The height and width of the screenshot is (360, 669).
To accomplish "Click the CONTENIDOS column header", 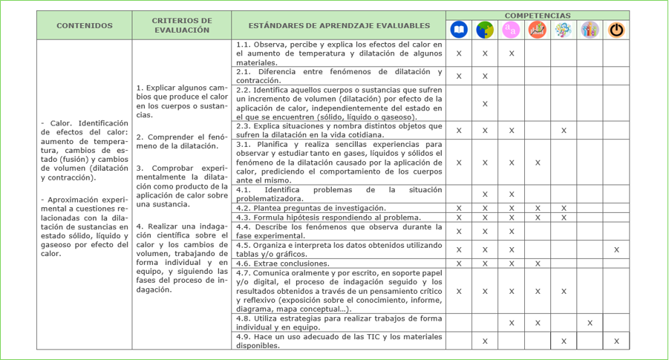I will pyautogui.click(x=85, y=25).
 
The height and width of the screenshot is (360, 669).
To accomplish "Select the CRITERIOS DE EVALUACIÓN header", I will pyautogui.click(x=181, y=25).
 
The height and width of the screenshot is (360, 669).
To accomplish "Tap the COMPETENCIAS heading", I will pyautogui.click(x=538, y=15).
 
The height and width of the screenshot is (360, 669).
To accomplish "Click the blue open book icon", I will pyautogui.click(x=459, y=30).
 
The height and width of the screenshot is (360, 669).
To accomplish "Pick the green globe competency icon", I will pyautogui.click(x=485, y=30).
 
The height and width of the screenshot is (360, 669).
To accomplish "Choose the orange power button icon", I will pyautogui.click(x=616, y=30).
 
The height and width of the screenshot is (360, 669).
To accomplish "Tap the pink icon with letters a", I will pyautogui.click(x=511, y=30).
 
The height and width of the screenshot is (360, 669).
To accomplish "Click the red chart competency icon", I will pyautogui.click(x=537, y=30).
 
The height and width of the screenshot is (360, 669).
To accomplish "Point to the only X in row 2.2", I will pyautogui.click(x=485, y=103).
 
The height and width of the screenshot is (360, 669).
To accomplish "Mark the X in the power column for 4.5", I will pyautogui.click(x=616, y=249).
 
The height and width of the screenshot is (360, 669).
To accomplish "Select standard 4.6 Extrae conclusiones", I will pyautogui.click(x=283, y=264).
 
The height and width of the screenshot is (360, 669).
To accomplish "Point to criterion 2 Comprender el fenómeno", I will pyautogui.click(x=182, y=141).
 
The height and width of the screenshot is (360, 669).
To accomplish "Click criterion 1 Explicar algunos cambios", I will pyautogui.click(x=182, y=101).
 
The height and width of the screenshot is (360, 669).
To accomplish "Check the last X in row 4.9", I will pyautogui.click(x=616, y=341).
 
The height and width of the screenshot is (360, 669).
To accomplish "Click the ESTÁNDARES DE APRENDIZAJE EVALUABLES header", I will pyautogui.click(x=339, y=25).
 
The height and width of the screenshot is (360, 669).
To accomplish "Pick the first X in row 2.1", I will pyautogui.click(x=459, y=76).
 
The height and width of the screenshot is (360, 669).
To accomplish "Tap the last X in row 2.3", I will pyautogui.click(x=564, y=131).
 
